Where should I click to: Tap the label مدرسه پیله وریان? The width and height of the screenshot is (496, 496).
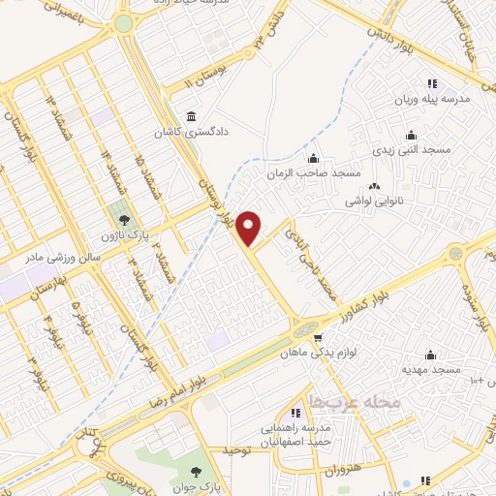pos(432,100)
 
